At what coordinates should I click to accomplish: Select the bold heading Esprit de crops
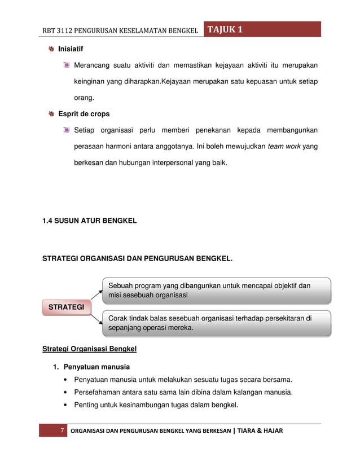[84, 114]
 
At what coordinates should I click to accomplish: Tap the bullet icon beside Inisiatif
[51, 49]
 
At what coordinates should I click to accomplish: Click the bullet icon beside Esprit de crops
[51, 114]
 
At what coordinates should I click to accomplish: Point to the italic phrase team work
[284, 147]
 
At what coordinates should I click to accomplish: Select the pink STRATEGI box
[66, 307]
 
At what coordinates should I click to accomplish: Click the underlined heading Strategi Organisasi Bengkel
[90, 349]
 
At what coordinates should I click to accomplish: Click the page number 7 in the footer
[62, 431]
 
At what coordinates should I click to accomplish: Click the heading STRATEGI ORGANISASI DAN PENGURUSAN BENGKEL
[137, 260]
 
